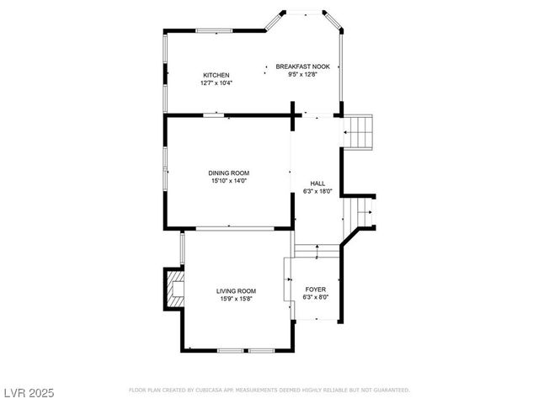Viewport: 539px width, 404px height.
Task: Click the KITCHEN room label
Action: point(216,75)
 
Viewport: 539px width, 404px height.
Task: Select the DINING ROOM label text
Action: point(229,173)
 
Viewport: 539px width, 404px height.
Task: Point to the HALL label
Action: point(318,183)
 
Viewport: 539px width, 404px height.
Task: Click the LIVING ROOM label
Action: point(236,290)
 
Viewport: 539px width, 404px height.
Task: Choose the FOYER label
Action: point(316,289)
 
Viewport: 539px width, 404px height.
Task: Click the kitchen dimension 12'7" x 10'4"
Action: point(216,83)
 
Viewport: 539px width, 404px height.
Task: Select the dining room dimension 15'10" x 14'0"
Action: point(229,181)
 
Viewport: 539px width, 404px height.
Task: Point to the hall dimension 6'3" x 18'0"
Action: point(318,191)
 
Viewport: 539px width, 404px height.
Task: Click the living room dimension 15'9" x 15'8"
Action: point(236,298)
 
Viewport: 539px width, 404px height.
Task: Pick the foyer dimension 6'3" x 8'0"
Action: point(316,297)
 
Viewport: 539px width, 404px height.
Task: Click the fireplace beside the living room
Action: point(174,289)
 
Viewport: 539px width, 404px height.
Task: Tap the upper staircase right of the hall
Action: point(360,130)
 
